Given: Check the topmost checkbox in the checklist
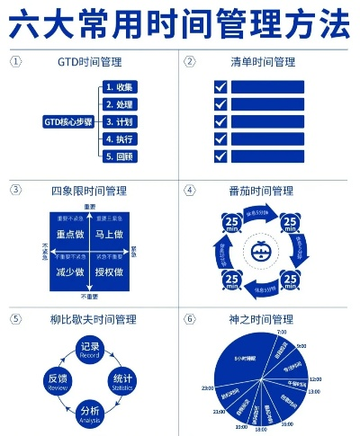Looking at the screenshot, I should tap(220, 87).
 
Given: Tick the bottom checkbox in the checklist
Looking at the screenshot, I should tap(220, 156).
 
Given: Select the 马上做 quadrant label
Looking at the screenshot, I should tap(109, 233).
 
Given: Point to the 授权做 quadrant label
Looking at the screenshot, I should tap(109, 271).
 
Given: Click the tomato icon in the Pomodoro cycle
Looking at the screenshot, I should tap(261, 253).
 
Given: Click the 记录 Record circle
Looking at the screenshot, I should tap(90, 350).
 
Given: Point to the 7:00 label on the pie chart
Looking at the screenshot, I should tap(282, 333).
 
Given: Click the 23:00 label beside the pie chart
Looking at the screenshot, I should tap(208, 387).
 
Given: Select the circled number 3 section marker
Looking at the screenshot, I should tap(16, 191).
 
